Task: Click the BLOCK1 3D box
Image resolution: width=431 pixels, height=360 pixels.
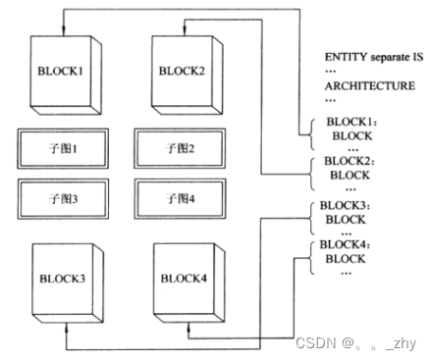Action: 61,73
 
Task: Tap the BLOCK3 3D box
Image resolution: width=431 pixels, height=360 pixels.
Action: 61,279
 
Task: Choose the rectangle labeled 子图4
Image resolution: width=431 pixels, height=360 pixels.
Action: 185,195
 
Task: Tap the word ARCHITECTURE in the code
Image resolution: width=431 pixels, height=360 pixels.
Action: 369,85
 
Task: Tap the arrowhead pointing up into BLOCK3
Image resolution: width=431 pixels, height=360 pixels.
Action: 64,325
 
